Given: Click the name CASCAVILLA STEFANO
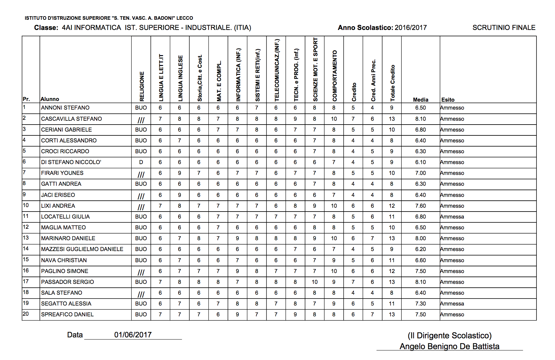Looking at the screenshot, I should [x=71, y=119].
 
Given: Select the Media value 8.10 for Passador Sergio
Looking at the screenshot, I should [x=420, y=282].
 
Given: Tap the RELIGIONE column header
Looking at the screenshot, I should [x=142, y=86].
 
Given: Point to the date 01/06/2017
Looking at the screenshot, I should [x=133, y=335].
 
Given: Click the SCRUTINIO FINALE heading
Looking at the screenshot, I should [x=504, y=28].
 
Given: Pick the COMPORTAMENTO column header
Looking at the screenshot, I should [x=334, y=76].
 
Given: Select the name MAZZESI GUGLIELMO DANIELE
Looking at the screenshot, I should [x=82, y=249].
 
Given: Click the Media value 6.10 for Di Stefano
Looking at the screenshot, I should [x=420, y=162].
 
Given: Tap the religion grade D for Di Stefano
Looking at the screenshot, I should [x=141, y=162].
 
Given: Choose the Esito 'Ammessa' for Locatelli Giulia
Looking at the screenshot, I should [x=452, y=217].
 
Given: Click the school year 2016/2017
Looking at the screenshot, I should [x=411, y=28].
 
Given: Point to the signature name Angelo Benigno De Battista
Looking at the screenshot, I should [x=449, y=346].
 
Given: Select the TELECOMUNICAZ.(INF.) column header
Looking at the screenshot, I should [x=277, y=70].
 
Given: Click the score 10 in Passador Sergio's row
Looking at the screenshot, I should [x=315, y=282].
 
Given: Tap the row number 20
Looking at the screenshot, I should [x=26, y=314].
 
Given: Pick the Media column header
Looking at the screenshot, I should [x=420, y=100].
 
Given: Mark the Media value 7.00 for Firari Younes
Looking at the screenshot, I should [x=420, y=173].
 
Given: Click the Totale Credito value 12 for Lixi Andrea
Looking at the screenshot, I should [x=392, y=206].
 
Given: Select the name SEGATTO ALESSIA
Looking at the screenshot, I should [x=66, y=304].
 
